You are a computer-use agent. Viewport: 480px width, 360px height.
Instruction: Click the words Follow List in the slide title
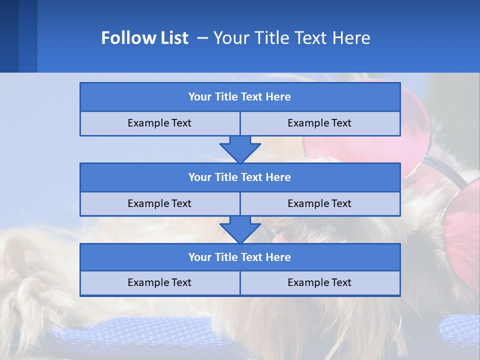tap(144, 38)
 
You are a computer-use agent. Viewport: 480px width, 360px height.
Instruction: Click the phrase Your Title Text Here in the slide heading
tap(291, 38)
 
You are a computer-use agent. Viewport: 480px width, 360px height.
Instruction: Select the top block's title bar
tap(240, 97)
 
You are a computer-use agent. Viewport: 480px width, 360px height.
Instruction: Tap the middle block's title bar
tap(240, 177)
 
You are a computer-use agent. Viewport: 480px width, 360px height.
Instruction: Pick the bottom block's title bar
tap(240, 257)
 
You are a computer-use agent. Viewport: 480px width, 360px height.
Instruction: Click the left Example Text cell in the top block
tap(159, 123)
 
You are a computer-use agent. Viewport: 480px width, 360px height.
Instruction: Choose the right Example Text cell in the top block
tap(319, 123)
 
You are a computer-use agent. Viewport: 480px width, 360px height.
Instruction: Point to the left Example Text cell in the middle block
tap(159, 203)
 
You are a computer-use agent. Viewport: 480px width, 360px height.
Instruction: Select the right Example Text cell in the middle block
tap(319, 203)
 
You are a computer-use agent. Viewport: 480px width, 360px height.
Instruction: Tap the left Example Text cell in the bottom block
tap(159, 282)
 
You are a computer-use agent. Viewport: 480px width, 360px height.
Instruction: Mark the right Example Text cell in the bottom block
tap(319, 282)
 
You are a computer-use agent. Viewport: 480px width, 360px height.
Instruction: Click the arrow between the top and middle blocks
tap(240, 149)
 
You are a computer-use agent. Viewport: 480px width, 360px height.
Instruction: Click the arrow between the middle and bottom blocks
tap(240, 229)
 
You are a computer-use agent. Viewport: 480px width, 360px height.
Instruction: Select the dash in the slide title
tap(202, 38)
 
